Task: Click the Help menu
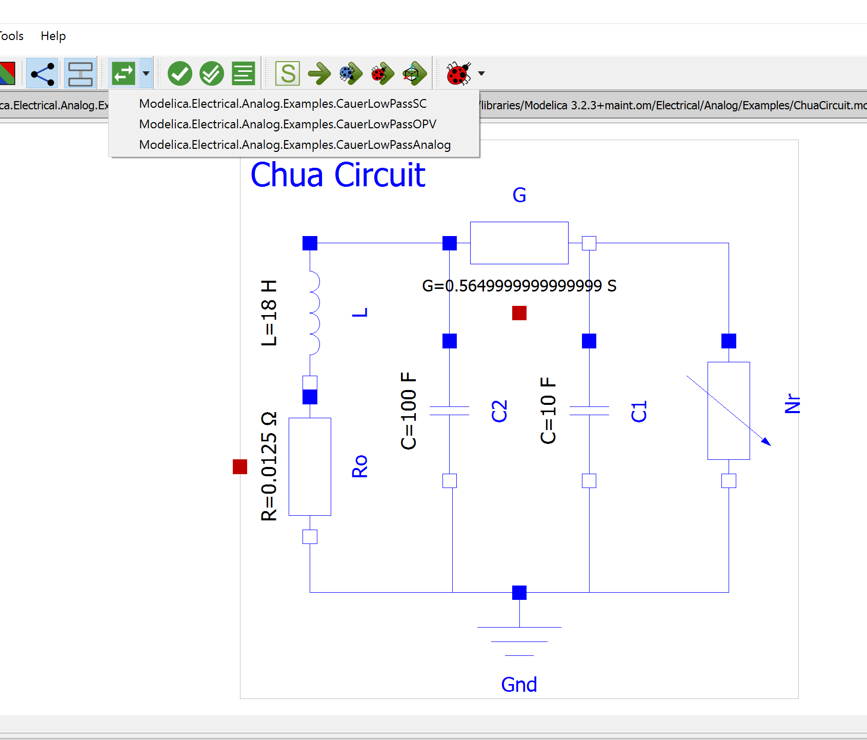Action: [x=53, y=36]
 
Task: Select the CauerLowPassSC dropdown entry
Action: [x=283, y=104]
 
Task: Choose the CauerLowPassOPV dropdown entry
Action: [x=287, y=124]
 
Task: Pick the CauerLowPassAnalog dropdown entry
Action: [x=295, y=145]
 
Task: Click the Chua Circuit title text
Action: [x=338, y=175]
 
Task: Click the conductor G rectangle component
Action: [x=519, y=243]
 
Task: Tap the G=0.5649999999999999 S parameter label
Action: [x=519, y=286]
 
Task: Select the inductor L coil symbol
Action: [x=313, y=313]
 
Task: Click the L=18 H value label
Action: [x=269, y=313]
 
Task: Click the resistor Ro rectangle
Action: [x=310, y=466]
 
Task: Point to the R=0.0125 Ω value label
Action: [x=269, y=466]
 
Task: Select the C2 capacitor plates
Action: [x=449, y=411]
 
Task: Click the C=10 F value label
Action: [x=548, y=411]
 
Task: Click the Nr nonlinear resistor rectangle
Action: [x=729, y=411]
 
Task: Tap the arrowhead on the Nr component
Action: [x=766, y=442]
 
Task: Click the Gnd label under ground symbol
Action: [x=519, y=685]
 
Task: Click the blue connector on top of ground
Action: [x=519, y=592]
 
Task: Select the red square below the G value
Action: [x=519, y=313]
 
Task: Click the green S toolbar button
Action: [x=288, y=73]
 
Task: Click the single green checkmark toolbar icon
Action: [x=180, y=73]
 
